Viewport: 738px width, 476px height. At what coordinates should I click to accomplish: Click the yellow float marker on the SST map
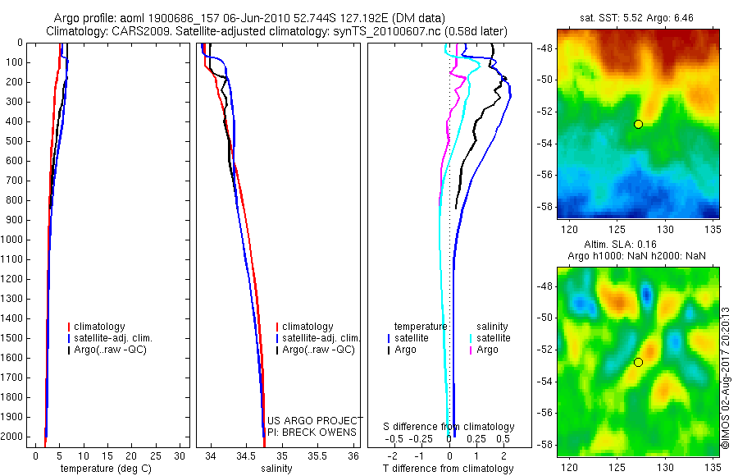638,124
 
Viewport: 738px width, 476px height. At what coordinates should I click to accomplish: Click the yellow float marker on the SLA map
638,362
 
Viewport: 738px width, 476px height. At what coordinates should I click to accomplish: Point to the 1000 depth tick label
12,240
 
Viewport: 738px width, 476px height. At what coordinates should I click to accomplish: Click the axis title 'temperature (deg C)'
102,469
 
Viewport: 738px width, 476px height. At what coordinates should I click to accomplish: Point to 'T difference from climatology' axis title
448,469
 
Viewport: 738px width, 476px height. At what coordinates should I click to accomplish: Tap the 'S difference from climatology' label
449,427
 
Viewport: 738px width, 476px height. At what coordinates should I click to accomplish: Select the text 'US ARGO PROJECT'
312,421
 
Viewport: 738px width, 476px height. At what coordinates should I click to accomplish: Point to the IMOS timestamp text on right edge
726,378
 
